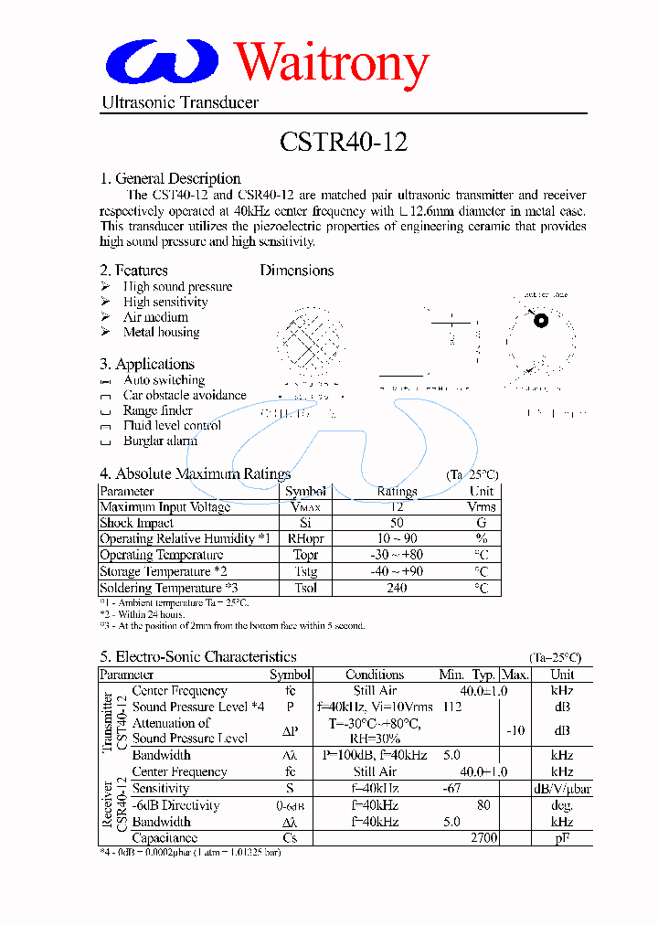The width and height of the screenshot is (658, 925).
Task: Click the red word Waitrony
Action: coord(332,64)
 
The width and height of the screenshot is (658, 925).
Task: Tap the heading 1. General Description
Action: coord(170,179)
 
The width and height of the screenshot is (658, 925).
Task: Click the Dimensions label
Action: coord(297,271)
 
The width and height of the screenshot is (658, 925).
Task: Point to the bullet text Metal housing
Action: coord(161,333)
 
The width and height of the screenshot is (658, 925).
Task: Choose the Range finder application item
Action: coord(157,410)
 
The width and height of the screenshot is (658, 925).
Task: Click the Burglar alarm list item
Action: coord(160,441)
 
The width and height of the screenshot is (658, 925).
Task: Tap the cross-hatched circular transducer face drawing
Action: coord(311,343)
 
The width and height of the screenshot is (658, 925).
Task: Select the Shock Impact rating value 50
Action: coord(397,523)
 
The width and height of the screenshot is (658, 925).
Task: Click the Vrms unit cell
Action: coord(482,507)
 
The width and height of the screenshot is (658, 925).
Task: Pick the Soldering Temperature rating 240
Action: coord(397,588)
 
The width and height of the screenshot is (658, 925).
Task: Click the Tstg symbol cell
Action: coord(305,571)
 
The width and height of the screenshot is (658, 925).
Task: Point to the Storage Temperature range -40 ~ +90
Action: coord(397,571)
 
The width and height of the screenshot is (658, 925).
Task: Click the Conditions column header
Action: coord(375,675)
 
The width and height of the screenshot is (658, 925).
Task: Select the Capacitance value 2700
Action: coord(483,837)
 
